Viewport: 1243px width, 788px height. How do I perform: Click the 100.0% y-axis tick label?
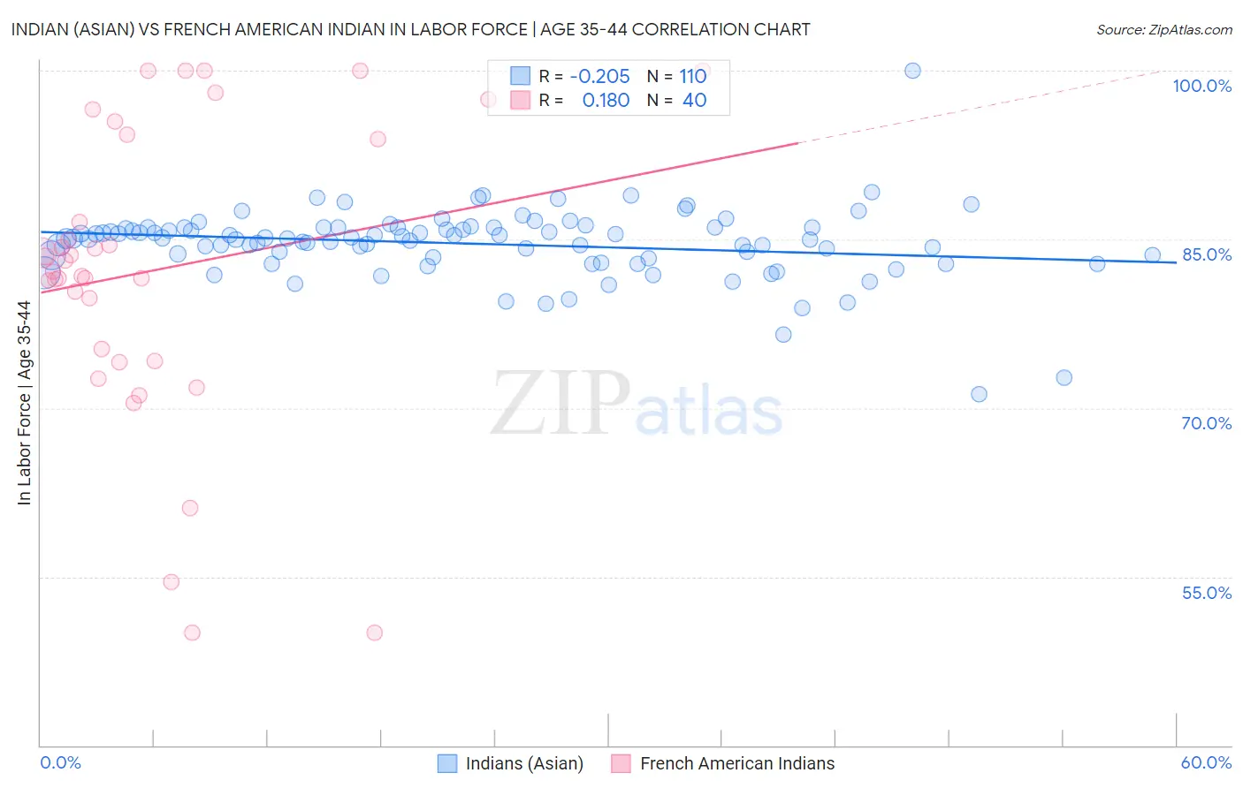tap(1201, 86)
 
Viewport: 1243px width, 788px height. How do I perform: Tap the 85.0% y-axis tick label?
tap(1207, 254)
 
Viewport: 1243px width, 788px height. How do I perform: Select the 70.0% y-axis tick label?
tap(1207, 423)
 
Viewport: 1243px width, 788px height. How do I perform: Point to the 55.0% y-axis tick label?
tap(1207, 593)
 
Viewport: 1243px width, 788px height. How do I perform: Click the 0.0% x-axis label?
tap(60, 762)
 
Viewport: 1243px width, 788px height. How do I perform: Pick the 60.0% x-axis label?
tap(1206, 762)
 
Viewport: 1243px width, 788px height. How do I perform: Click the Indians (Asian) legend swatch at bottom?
tap(447, 763)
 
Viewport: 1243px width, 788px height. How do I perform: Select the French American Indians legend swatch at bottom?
tap(621, 763)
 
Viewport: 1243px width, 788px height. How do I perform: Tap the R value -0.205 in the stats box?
tap(599, 76)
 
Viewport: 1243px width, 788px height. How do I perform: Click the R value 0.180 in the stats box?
tap(606, 101)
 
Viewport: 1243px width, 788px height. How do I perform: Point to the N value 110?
tap(693, 76)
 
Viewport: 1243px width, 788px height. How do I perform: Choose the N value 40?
tap(695, 101)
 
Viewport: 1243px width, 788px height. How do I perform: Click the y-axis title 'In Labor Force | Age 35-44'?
tap(24, 403)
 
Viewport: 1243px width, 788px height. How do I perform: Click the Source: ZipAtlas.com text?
tap(1163, 29)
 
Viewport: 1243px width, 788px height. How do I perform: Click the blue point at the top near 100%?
tap(912, 71)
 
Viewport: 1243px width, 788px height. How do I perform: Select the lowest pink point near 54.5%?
tap(172, 582)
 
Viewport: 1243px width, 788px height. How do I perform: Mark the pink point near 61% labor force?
tap(190, 508)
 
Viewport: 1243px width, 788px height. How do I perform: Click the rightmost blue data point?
tap(1153, 255)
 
